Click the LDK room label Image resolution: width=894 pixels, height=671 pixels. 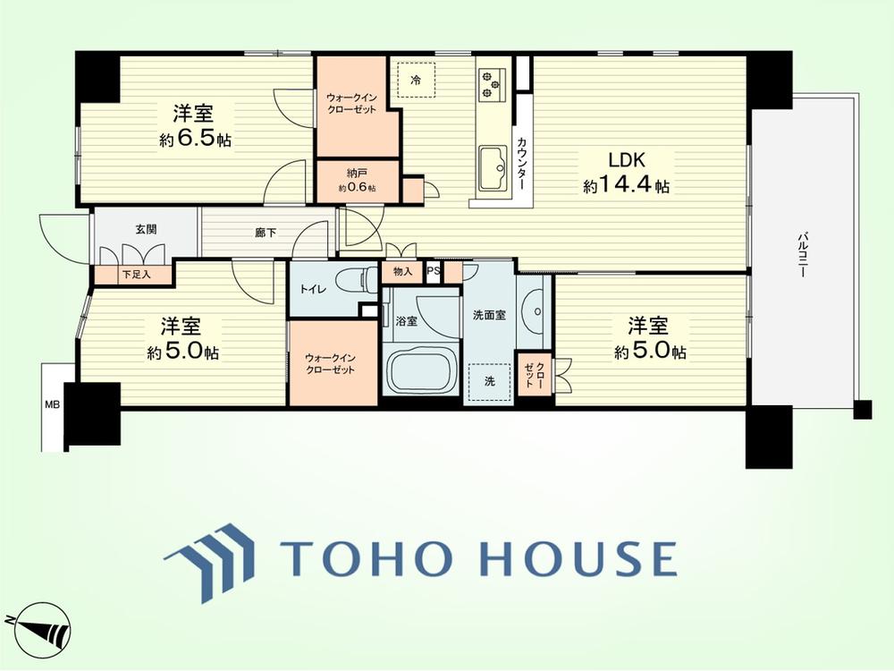(x=627, y=160)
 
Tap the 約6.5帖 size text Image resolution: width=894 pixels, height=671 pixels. (x=196, y=140)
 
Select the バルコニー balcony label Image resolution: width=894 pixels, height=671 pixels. (x=803, y=254)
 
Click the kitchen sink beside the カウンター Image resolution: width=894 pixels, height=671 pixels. (x=493, y=168)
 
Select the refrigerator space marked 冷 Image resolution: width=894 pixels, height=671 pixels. (x=417, y=80)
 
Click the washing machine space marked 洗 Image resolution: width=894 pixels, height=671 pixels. (x=490, y=382)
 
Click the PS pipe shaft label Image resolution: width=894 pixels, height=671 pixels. (x=434, y=272)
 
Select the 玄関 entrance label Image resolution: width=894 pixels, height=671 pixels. (x=146, y=230)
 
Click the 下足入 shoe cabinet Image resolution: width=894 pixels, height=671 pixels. (x=133, y=275)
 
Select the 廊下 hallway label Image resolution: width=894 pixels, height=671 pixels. (x=266, y=233)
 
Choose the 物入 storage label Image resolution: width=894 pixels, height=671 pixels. (x=402, y=272)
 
